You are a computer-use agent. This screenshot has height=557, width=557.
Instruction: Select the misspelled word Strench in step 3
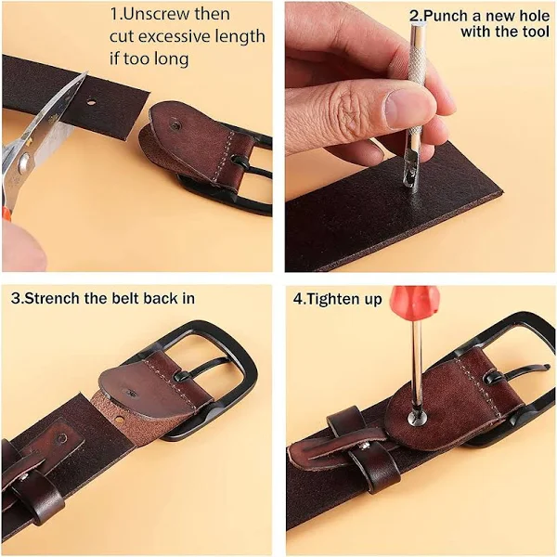53,298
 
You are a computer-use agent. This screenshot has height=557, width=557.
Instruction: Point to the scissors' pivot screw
24,162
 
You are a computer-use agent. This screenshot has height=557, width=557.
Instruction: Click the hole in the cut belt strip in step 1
91,103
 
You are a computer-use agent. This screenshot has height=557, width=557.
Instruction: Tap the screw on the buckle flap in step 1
175,124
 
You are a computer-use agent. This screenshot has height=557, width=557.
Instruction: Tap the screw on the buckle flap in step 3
131,394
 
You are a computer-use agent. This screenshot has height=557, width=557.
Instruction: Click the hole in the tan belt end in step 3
120,420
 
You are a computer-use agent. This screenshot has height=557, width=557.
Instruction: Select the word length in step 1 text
242,36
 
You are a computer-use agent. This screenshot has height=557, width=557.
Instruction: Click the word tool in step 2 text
536,32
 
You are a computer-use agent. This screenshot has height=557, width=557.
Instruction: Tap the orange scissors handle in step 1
6,214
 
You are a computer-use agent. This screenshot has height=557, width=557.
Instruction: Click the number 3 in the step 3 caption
15,298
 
